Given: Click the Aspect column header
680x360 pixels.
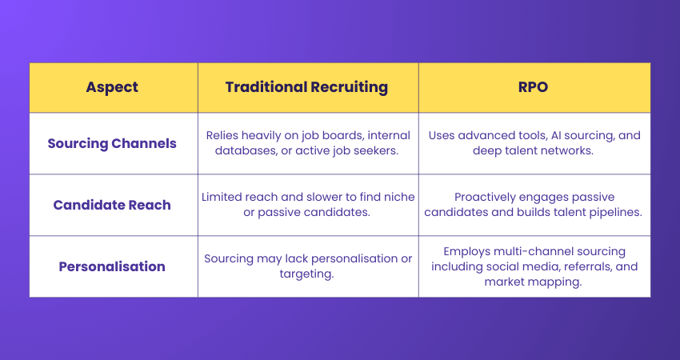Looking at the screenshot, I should (111, 87).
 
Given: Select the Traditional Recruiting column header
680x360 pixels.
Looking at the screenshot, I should (307, 87).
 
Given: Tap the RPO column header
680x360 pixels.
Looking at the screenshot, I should (534, 87).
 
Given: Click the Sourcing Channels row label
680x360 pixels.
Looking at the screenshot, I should (111, 144).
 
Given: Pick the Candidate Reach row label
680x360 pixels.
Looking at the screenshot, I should (111, 205).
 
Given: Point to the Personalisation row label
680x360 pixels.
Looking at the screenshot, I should (111, 266).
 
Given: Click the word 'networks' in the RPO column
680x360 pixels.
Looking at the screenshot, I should (566, 152).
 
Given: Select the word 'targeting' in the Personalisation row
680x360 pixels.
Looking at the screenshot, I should (308, 274).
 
